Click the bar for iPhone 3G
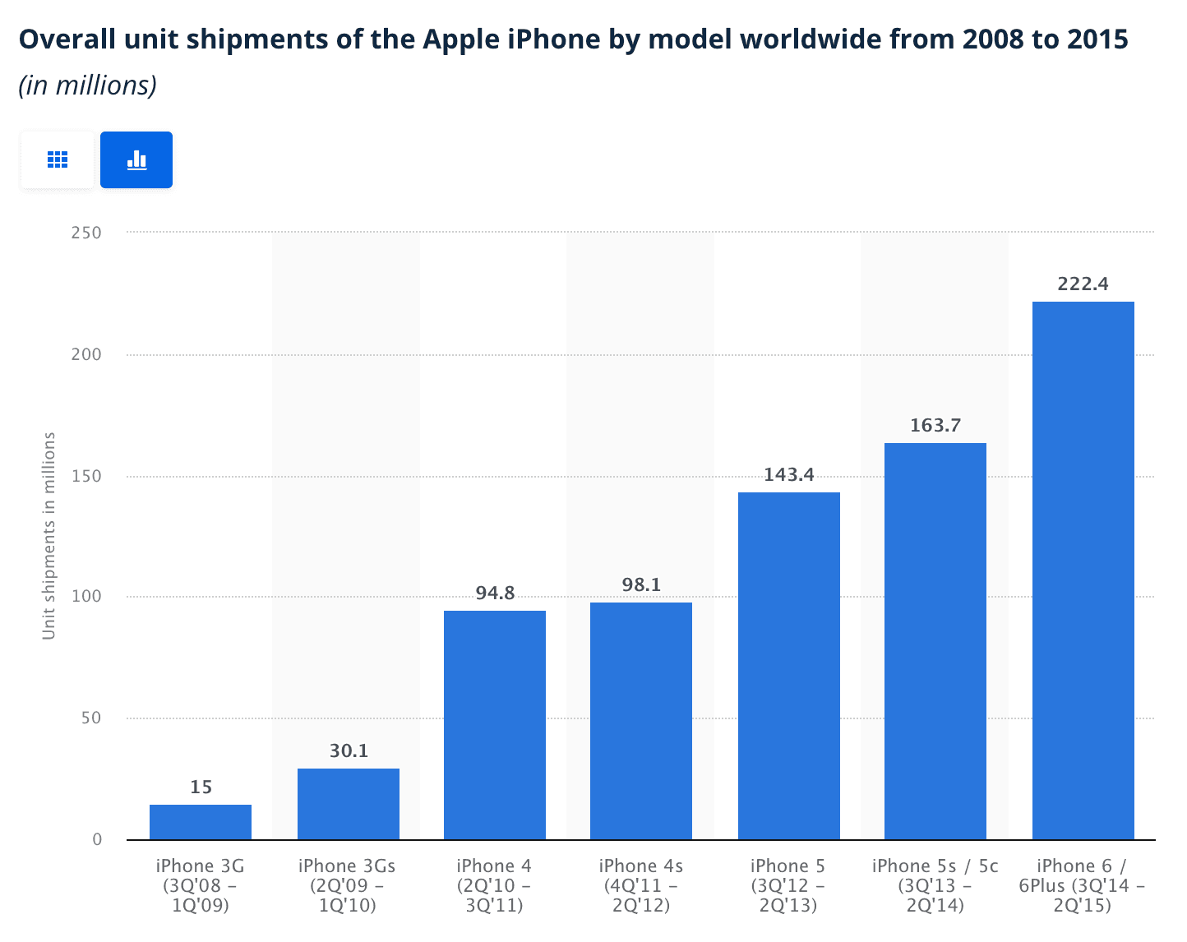tap(201, 822)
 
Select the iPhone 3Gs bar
tap(349, 804)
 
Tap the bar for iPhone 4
tap(495, 725)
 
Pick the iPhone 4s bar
tap(641, 721)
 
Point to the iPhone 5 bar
tap(789, 666)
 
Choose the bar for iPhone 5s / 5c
tap(935, 641)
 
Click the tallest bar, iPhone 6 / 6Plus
tap(1083, 570)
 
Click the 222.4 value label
tap(1083, 284)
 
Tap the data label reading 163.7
tap(935, 426)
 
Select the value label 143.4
tap(789, 474)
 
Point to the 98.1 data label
tap(641, 585)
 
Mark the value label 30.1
tap(349, 750)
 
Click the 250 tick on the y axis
tap(86, 233)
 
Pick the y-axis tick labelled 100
tap(86, 596)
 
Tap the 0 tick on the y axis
tap(97, 839)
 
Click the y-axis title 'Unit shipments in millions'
tap(49, 536)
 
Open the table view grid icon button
tap(58, 159)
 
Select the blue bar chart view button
tap(136, 159)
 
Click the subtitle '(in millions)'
tap(88, 85)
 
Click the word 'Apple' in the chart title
tap(462, 39)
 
